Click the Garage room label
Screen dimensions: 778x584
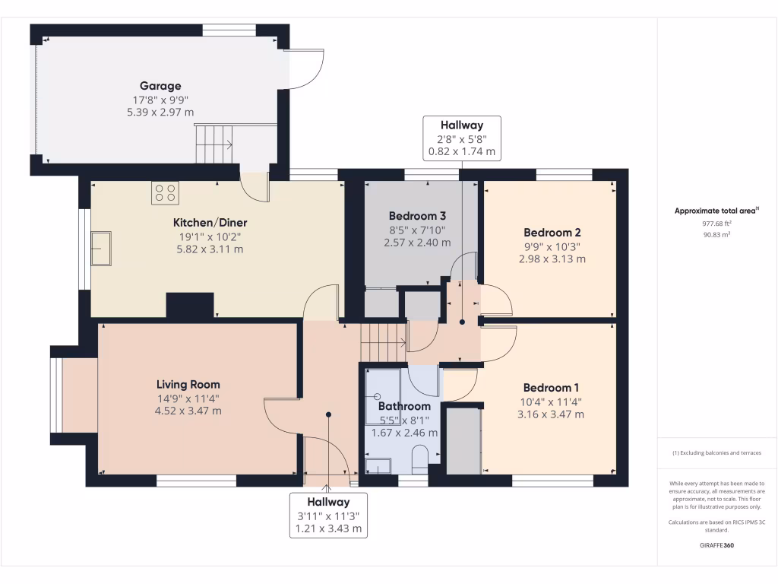(160, 86)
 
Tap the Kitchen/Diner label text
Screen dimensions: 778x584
(210, 223)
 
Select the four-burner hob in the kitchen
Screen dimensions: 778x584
(165, 192)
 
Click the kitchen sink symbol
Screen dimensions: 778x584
(101, 249)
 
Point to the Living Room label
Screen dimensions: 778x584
(188, 384)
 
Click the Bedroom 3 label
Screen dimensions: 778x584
(417, 216)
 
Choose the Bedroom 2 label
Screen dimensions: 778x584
(552, 233)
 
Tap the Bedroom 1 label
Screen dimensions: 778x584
(551, 388)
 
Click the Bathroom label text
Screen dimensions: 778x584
(404, 406)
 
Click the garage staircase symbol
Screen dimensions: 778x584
(213, 144)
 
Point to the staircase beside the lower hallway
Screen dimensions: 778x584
(384, 342)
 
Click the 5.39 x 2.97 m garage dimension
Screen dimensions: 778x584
(160, 113)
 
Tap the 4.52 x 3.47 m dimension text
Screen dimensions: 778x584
(188, 411)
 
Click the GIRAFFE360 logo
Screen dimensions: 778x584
(717, 545)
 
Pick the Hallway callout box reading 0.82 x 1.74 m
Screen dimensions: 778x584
(462, 138)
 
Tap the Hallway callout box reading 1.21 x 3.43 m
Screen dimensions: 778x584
(328, 516)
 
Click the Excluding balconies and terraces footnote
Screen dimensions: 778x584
(717, 453)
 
